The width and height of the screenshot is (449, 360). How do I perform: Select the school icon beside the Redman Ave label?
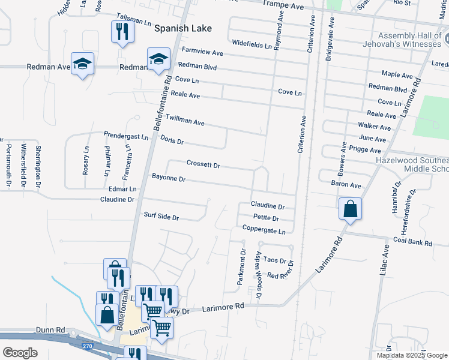82,64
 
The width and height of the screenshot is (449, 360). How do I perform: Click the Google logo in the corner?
20,352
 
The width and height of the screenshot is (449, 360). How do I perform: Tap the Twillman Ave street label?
185,121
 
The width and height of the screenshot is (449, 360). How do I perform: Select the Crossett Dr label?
203,164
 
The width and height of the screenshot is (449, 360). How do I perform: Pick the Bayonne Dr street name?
168,178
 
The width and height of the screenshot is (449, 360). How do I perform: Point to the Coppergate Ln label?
264,229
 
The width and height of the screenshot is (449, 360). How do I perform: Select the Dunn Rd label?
50,330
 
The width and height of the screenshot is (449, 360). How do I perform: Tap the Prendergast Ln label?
125,137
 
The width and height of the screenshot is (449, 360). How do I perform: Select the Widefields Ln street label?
252,43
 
